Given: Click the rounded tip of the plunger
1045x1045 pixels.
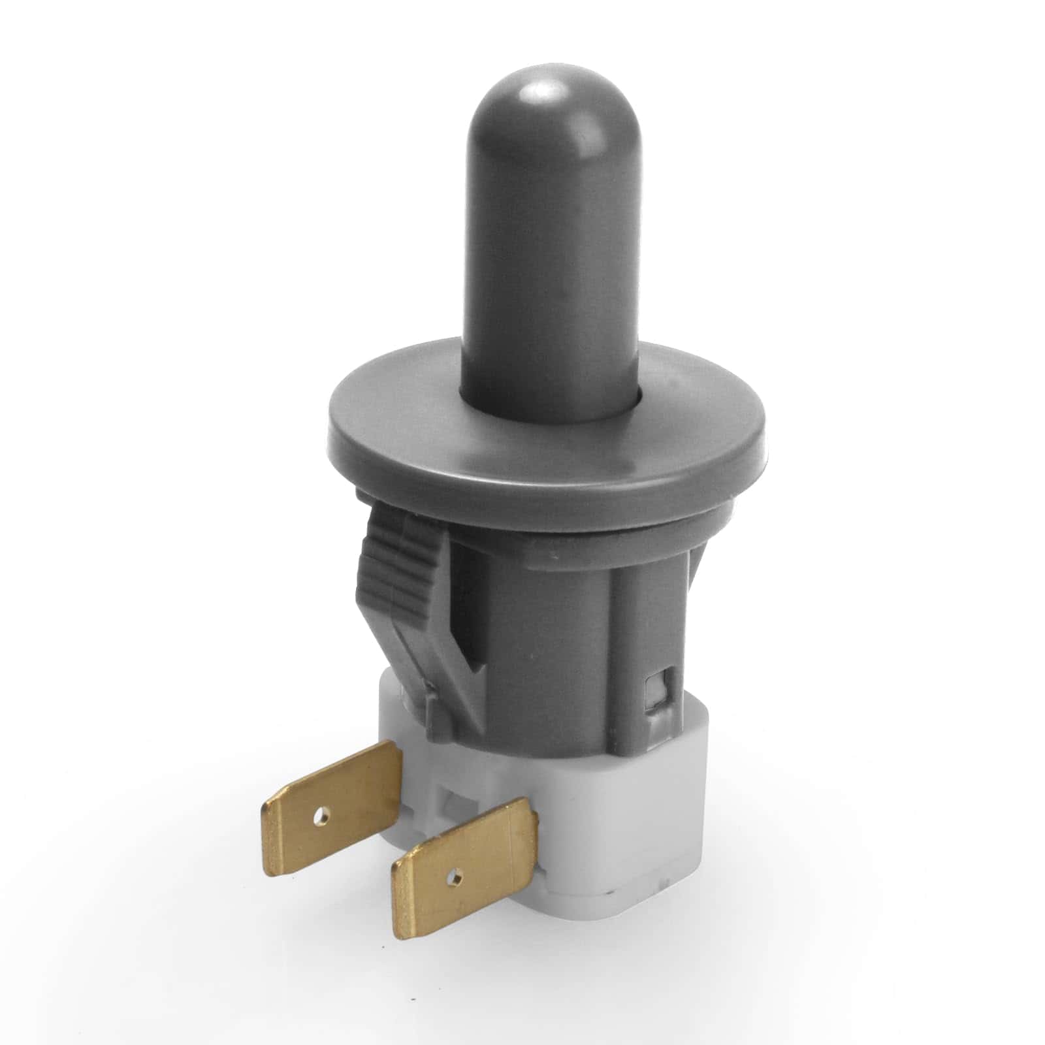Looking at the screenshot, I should (x=536, y=98).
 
